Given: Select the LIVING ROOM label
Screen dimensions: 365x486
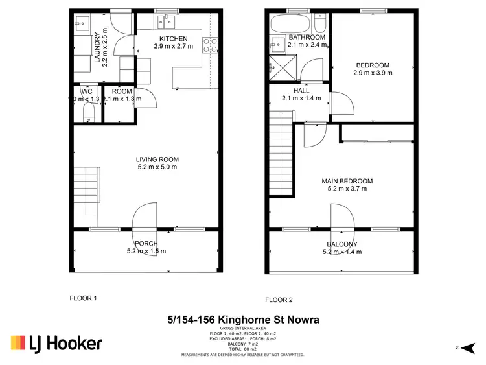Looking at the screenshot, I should pyautogui.click(x=157, y=159).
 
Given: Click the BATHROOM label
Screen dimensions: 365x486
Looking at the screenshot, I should pyautogui.click(x=307, y=37).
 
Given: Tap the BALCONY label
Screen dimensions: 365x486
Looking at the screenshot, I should pyautogui.click(x=341, y=244).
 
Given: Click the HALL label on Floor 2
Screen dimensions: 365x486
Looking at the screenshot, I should pyautogui.click(x=301, y=91).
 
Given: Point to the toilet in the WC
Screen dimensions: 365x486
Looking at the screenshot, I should pyautogui.click(x=88, y=115).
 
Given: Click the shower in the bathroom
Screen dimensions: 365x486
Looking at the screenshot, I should pyautogui.click(x=277, y=67).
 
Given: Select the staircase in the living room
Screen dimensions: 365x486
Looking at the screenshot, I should pyautogui.click(x=86, y=185).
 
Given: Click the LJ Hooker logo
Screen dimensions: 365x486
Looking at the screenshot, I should pyautogui.click(x=56, y=343).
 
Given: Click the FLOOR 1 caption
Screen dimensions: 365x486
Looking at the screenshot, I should pyautogui.click(x=83, y=298).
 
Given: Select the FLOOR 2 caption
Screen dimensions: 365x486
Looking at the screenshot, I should pyautogui.click(x=279, y=300).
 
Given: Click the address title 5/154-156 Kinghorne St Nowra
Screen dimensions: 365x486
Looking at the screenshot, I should pyautogui.click(x=243, y=320).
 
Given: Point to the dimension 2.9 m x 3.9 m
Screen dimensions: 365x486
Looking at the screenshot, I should pyautogui.click(x=373, y=73).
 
